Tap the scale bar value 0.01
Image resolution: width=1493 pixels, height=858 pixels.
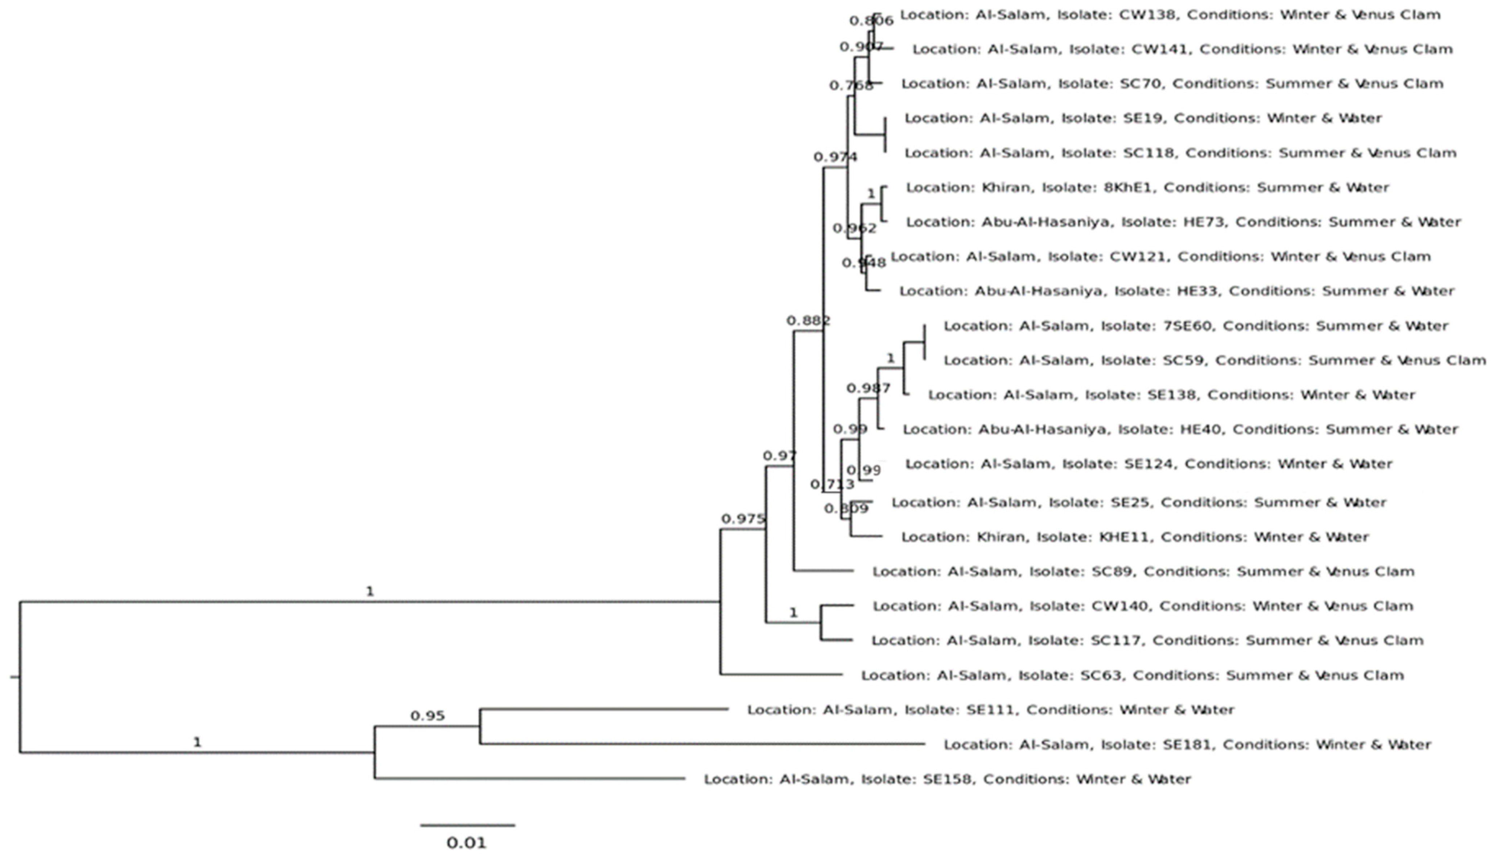466,843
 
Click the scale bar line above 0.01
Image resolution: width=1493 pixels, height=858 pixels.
468,825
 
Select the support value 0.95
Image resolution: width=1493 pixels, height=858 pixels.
428,716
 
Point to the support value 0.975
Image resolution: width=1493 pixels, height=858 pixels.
743,519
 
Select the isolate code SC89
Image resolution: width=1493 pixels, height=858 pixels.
1108,572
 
